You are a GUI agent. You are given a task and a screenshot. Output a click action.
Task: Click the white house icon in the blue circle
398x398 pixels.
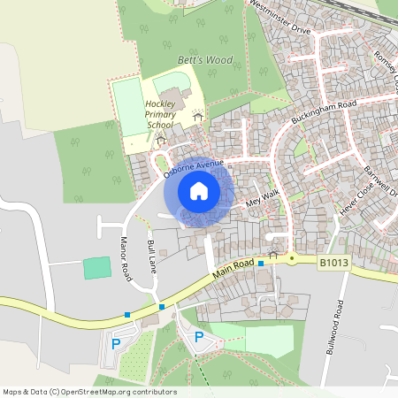(199, 191)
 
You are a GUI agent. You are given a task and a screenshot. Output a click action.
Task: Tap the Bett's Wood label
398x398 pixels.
(205, 60)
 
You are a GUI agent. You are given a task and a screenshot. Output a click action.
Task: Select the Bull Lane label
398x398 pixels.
(153, 256)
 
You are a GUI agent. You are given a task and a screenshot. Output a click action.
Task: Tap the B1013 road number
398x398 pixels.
(334, 262)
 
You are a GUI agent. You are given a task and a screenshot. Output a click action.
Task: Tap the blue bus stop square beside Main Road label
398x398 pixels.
(260, 264)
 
